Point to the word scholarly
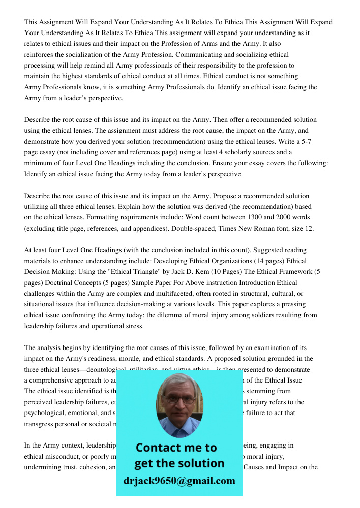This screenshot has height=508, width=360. pos(237,152)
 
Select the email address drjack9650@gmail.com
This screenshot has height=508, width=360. pos(179,481)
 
